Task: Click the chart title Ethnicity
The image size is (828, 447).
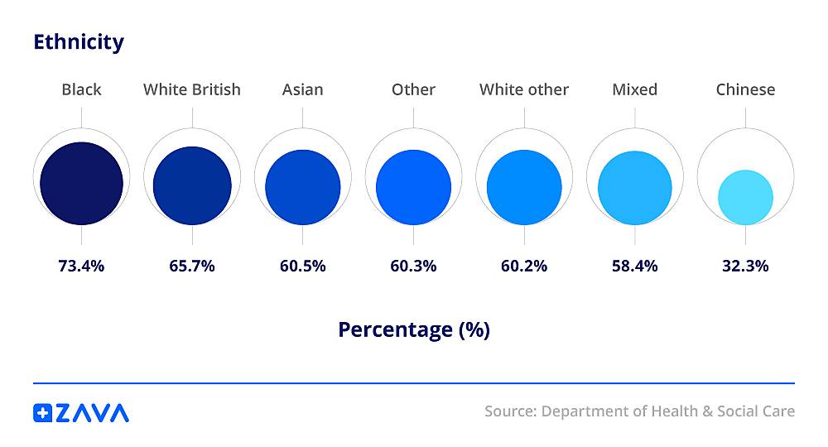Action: pyautogui.click(x=79, y=41)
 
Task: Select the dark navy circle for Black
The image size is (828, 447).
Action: pyautogui.click(x=81, y=183)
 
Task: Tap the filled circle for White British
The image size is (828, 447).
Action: pyautogui.click(x=192, y=185)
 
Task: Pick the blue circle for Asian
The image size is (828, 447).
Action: pyautogui.click(x=303, y=187)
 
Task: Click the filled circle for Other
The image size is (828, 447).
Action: pyautogui.click(x=413, y=187)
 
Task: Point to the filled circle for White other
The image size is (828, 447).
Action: pyautogui.click(x=524, y=187)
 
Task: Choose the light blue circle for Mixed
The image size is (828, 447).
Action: pyautogui.click(x=635, y=188)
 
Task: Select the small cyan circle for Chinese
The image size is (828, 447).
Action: pyautogui.click(x=745, y=197)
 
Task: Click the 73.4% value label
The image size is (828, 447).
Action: pyautogui.click(x=81, y=266)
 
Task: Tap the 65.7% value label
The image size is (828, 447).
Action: pyautogui.click(x=192, y=266)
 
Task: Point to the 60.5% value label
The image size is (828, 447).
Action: pyautogui.click(x=303, y=266)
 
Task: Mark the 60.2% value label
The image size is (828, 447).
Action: pyautogui.click(x=524, y=266)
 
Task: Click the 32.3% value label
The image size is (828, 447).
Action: pyautogui.click(x=745, y=266)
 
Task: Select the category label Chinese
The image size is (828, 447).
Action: pyautogui.click(x=745, y=89)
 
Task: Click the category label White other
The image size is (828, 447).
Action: pyautogui.click(x=524, y=89)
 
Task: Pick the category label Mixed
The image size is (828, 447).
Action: pyautogui.click(x=635, y=89)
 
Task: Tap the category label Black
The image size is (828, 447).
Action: pyautogui.click(x=81, y=89)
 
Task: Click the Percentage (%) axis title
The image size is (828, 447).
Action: pyautogui.click(x=414, y=329)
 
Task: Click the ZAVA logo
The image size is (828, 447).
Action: pyautogui.click(x=81, y=412)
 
